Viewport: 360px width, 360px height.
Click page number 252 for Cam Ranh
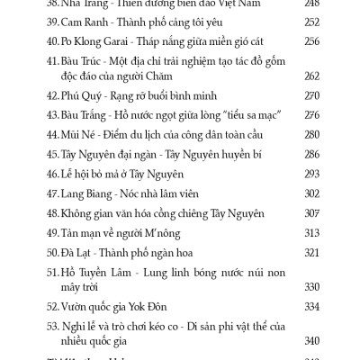311,22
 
